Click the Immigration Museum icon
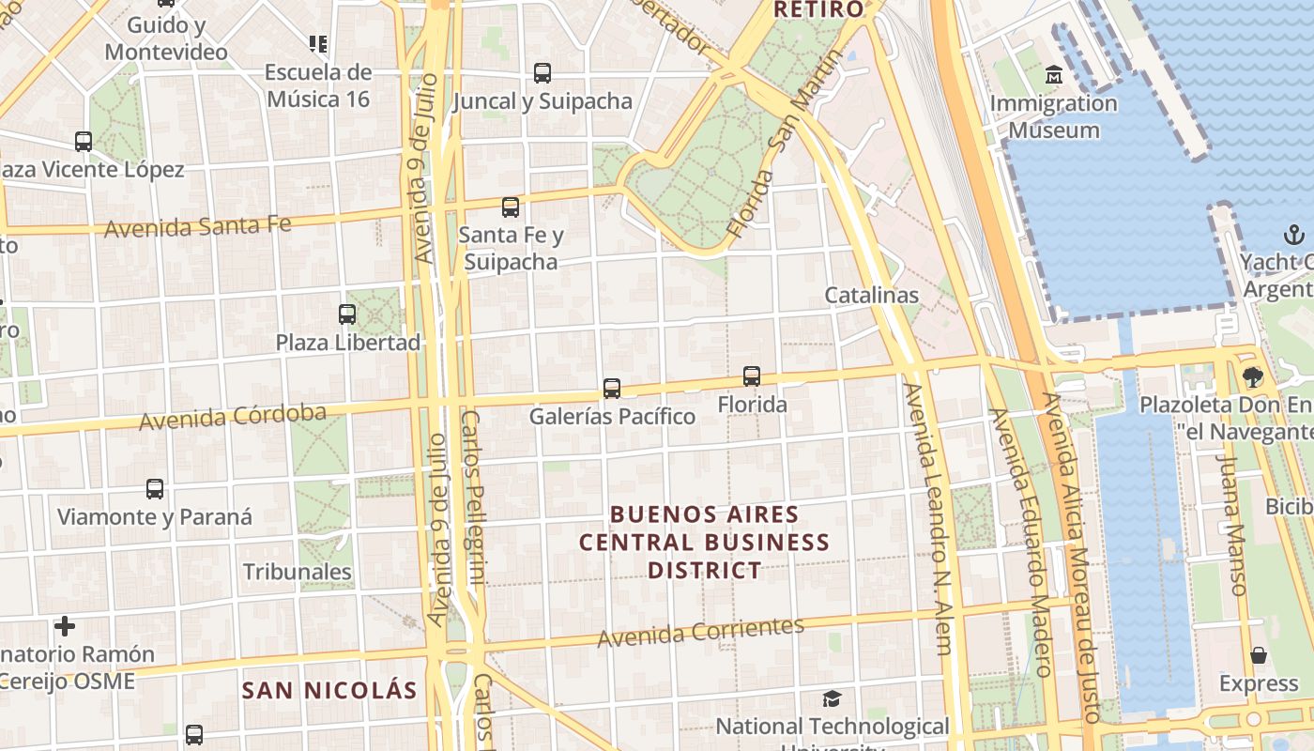(1054, 74)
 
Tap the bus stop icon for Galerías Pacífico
(612, 388)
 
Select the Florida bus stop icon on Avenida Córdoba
(752, 376)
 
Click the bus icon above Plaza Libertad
(347, 314)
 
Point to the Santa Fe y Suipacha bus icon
(511, 207)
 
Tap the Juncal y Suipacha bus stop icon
(542, 73)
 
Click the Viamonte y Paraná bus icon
(155, 489)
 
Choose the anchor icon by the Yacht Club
(1295, 234)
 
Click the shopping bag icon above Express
(1259, 655)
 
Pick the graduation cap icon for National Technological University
(832, 698)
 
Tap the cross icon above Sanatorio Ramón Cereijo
(65, 625)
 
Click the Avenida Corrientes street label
(701, 633)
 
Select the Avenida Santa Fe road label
(197, 226)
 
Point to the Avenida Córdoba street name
(233, 417)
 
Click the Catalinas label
(871, 295)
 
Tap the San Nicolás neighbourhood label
(329, 691)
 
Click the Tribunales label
(298, 572)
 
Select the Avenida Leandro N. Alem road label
(929, 517)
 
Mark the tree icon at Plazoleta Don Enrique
(1252, 377)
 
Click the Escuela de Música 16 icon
(318, 43)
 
